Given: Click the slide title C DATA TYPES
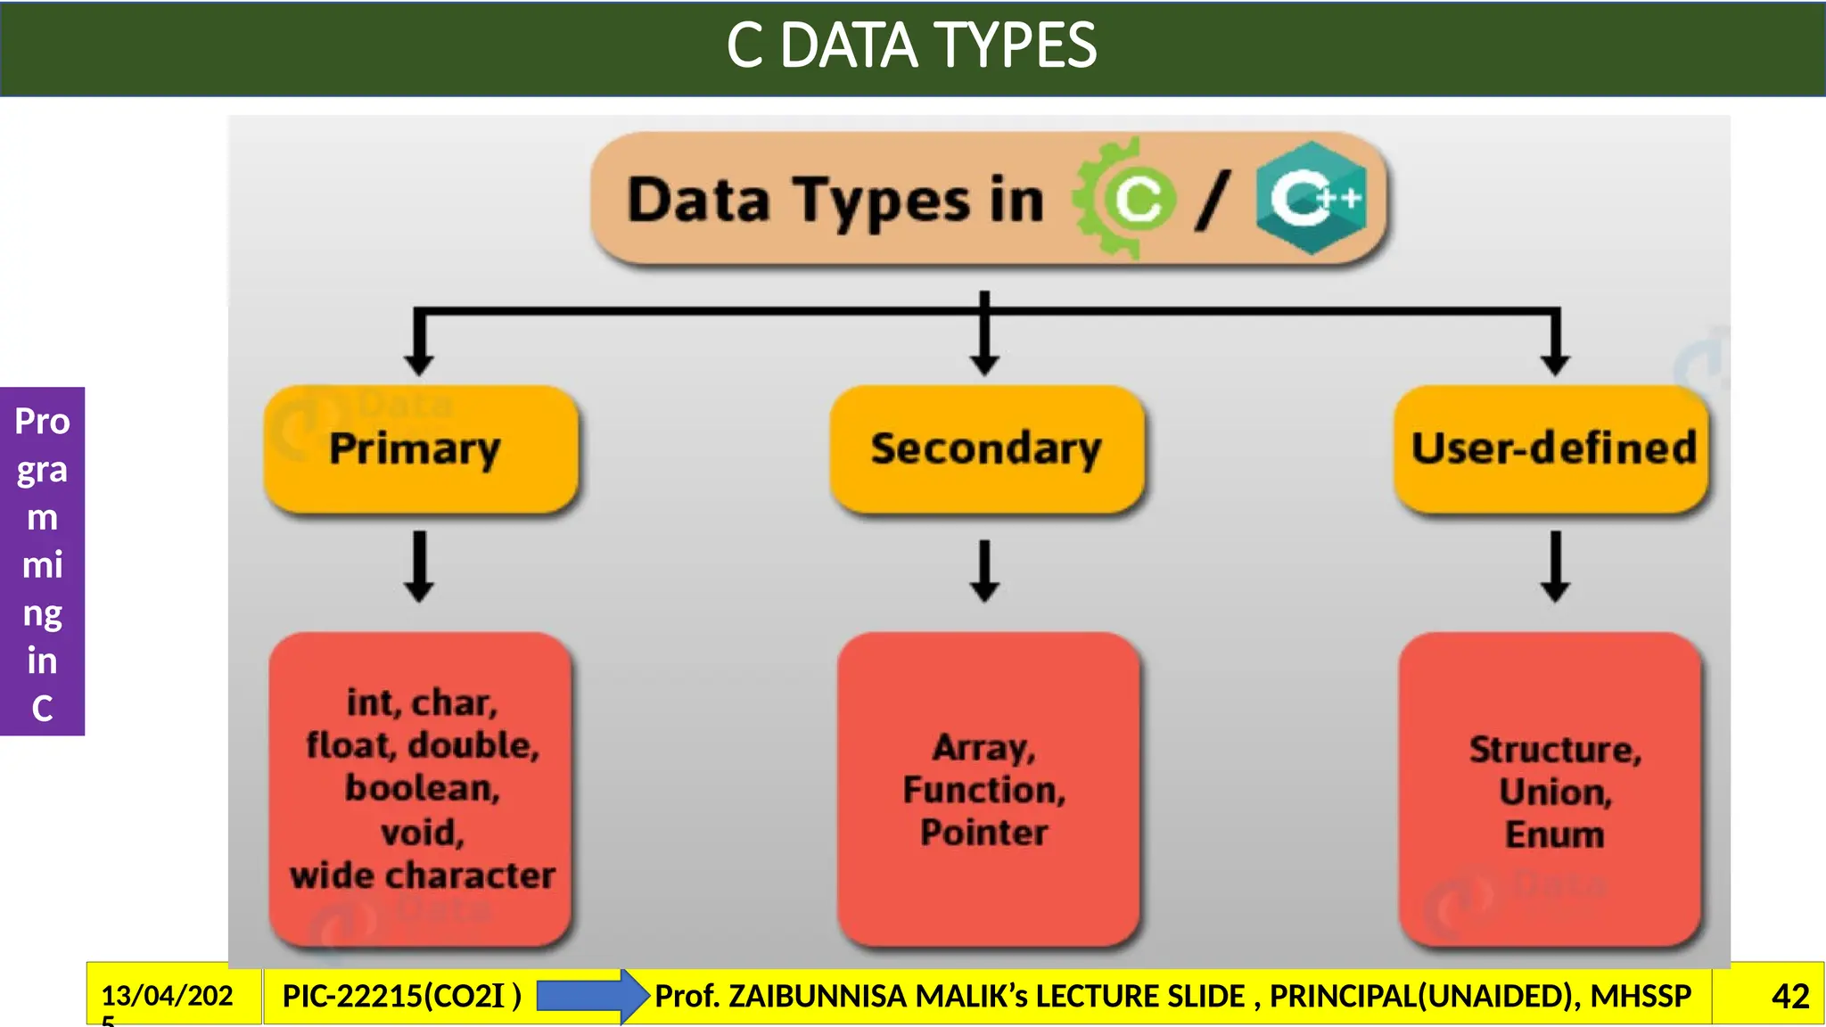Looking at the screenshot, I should click(911, 45).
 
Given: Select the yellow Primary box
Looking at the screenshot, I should click(421, 448).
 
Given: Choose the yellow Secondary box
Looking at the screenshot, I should click(986, 448).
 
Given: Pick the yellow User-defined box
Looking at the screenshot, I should click(1551, 448).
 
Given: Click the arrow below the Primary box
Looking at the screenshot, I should click(419, 567).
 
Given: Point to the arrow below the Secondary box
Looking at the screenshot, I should click(984, 571).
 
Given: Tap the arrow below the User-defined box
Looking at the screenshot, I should click(1555, 567).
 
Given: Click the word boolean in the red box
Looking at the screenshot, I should click(422, 788).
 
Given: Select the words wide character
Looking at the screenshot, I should click(422, 875).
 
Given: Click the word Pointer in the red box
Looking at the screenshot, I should click(984, 833).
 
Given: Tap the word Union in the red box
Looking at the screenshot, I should click(1555, 792).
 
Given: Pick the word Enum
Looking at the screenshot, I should click(1555, 835).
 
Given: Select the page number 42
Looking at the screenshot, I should click(1789, 996).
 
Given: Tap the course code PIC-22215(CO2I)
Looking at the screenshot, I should click(401, 996).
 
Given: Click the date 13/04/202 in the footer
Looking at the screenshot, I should click(167, 995).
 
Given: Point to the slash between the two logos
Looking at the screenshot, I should click(1213, 200).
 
